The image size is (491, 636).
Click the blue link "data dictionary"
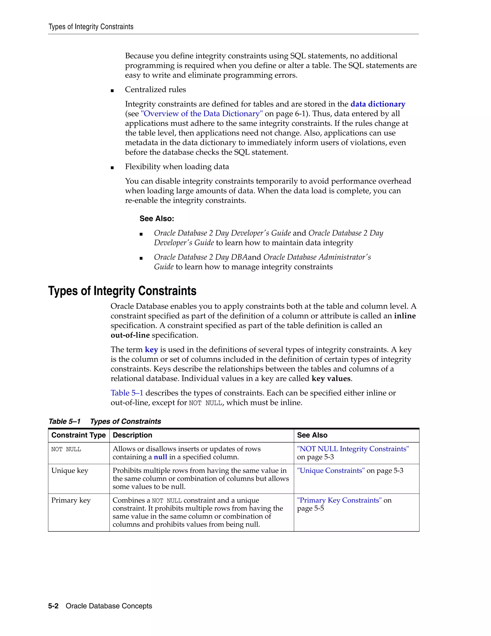click(378, 104)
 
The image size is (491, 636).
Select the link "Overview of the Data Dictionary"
click(202, 114)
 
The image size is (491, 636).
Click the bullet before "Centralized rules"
click(112, 90)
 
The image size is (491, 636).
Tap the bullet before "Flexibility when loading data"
click(112, 168)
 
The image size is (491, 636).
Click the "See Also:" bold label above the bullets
click(157, 219)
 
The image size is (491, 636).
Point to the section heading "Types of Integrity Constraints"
click(122, 291)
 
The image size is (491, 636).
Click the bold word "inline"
click(405, 316)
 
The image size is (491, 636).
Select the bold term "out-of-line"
click(130, 335)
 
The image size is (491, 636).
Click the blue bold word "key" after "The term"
click(151, 349)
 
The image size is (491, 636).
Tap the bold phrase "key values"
click(331, 378)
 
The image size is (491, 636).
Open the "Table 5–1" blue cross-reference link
click(127, 393)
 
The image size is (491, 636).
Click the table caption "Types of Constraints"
click(125, 421)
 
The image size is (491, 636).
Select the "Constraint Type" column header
click(79, 435)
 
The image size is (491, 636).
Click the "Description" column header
click(132, 435)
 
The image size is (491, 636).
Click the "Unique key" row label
click(70, 471)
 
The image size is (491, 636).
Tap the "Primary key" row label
click(71, 500)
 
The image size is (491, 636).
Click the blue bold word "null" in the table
click(160, 457)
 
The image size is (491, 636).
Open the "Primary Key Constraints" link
click(339, 500)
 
